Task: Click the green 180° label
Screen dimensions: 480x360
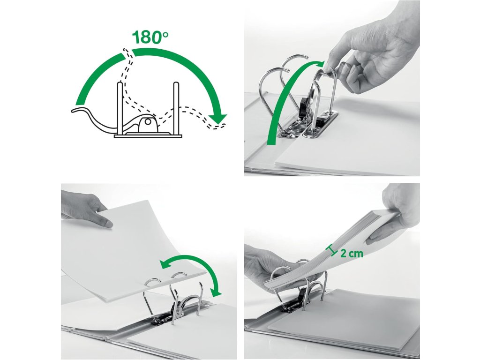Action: [x=150, y=37]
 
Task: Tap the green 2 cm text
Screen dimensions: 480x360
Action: [x=352, y=253]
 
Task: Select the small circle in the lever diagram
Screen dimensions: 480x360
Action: [x=148, y=122]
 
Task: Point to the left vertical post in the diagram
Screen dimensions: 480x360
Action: [x=120, y=108]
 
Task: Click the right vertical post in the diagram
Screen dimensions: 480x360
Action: [x=176, y=108]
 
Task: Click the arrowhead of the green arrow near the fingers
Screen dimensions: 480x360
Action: [x=319, y=64]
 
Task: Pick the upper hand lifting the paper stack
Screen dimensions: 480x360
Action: [x=395, y=214]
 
